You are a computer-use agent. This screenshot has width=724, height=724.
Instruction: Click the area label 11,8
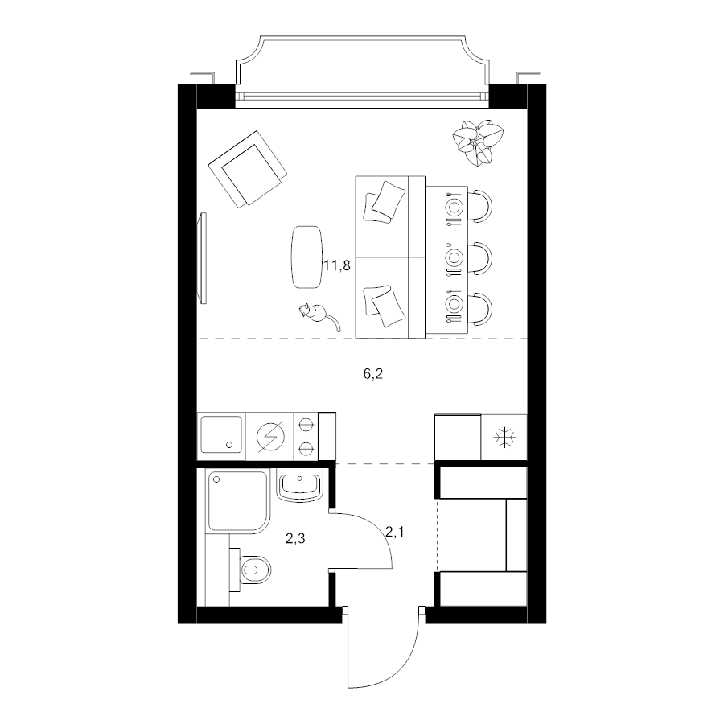pos(337,266)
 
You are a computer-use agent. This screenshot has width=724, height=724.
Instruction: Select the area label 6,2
pos(373,374)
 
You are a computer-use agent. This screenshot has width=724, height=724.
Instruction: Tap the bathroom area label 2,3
pos(295,538)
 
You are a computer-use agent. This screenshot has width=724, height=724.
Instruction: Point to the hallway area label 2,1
pos(395,532)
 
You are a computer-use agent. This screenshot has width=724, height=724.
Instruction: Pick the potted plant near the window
pos(477,142)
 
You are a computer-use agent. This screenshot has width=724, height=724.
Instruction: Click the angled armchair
pos(248,169)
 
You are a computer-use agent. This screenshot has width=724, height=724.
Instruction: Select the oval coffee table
pos(306,257)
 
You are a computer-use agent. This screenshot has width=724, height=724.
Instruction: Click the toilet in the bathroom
pos(252,570)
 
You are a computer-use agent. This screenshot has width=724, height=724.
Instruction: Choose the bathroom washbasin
pos(300,487)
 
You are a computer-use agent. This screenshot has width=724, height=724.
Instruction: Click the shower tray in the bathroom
pos(238,500)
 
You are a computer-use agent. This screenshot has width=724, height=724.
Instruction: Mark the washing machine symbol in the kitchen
pos(270,437)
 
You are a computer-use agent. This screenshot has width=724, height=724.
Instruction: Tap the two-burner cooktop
pos(306,436)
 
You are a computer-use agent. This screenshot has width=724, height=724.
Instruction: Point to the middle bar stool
pos(480,257)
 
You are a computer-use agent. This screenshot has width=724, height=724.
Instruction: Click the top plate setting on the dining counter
pos(454,207)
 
